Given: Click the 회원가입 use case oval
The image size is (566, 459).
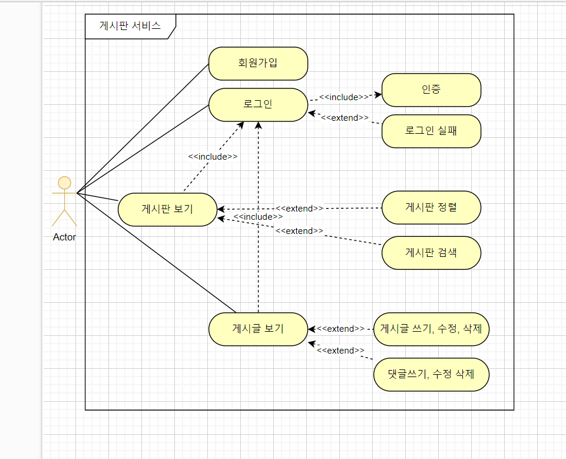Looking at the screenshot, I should [x=258, y=64].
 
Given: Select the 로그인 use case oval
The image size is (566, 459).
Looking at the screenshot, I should [x=258, y=105].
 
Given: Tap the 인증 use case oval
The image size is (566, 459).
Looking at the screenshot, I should [x=431, y=90].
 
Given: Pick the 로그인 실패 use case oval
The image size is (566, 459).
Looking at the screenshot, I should [x=431, y=131].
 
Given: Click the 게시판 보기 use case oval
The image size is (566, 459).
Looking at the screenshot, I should [x=167, y=209].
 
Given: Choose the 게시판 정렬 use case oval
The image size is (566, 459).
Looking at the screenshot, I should [x=431, y=207].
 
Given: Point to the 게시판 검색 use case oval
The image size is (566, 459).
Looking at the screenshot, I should [x=431, y=253].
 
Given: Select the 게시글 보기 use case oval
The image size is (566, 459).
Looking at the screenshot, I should [x=258, y=329].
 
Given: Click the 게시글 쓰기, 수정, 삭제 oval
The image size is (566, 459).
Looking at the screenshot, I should [x=431, y=329].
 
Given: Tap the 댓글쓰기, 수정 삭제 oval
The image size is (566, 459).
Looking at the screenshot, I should [x=431, y=374].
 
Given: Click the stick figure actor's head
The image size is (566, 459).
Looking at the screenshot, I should [x=64, y=182].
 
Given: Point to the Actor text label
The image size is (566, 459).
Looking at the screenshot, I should [x=64, y=237].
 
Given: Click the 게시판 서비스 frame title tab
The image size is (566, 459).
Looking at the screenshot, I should [x=130, y=27].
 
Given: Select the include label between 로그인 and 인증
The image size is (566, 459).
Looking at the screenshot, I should [x=344, y=97].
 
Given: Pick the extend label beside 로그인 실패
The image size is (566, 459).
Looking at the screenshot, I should [x=345, y=118].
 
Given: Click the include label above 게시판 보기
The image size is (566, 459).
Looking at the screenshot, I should [x=213, y=157].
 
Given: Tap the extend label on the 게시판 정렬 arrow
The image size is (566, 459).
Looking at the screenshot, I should [x=299, y=208].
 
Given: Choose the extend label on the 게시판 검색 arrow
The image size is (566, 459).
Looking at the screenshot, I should [x=299, y=231].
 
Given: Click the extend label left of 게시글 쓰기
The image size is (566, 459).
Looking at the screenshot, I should [x=340, y=329].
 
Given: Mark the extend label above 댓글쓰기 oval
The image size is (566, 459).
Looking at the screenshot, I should [x=340, y=351].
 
